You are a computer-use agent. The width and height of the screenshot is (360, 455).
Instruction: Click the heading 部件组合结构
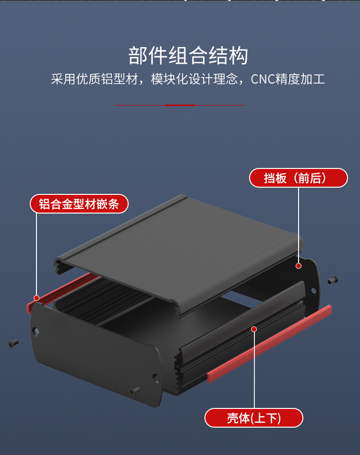[x=188, y=56]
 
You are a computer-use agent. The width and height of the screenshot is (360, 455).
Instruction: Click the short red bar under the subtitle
[x=180, y=105]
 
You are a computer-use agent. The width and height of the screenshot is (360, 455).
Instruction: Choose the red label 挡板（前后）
[x=298, y=178]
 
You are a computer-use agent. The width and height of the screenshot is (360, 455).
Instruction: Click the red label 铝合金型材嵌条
[x=79, y=204]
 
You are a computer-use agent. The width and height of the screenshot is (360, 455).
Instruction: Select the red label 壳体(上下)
[x=254, y=418]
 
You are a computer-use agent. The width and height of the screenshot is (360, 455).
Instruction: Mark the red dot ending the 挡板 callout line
[x=299, y=265]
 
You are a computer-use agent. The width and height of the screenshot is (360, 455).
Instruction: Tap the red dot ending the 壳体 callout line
[x=254, y=329]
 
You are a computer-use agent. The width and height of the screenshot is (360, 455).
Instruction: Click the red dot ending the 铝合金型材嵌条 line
[x=36, y=298]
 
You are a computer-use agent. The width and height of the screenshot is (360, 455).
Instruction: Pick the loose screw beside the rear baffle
[x=333, y=279]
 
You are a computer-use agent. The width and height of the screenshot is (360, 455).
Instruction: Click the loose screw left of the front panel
[x=13, y=343]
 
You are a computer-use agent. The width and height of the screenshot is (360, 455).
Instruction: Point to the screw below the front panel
[x=134, y=391]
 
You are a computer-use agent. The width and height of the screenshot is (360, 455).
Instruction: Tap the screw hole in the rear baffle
[x=314, y=290]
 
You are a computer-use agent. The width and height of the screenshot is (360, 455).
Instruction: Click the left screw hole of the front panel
[x=37, y=331]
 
